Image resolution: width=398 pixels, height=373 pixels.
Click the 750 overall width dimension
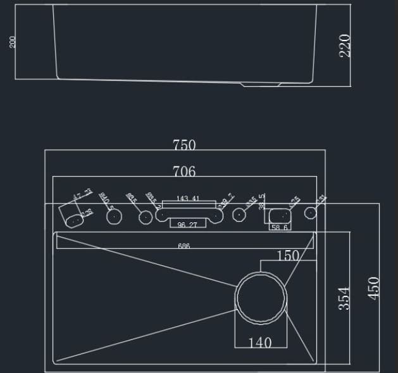184,145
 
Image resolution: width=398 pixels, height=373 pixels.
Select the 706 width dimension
184,171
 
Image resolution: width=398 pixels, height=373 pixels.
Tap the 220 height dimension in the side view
345,46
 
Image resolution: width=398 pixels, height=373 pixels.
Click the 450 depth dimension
374,288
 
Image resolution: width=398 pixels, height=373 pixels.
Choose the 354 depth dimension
344,298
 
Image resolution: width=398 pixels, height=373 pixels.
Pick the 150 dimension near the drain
288,256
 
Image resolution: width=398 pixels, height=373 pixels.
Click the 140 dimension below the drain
260,343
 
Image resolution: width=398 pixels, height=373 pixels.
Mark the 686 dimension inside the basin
184,246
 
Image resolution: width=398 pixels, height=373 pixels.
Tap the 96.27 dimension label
187,225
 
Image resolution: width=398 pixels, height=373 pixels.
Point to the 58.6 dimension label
279,227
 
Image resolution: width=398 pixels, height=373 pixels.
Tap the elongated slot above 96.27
189,215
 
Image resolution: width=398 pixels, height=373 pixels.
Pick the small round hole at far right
310,212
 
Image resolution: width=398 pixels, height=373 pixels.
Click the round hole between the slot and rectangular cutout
239,215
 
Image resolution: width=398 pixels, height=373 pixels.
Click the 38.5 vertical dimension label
261,201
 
